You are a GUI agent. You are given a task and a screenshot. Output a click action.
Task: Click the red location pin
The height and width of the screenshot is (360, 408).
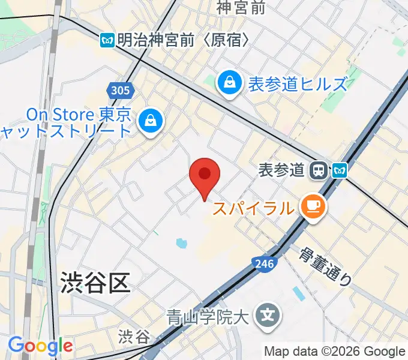point(205,176)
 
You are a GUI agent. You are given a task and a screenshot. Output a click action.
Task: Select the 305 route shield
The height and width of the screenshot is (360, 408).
point(120,91)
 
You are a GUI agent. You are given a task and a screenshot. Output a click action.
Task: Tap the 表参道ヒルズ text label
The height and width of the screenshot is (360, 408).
point(298,84)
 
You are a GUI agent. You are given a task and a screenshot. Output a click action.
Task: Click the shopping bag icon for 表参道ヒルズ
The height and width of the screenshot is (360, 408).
point(229,83)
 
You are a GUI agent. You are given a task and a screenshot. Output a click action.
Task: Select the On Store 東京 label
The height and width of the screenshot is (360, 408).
point(78,114)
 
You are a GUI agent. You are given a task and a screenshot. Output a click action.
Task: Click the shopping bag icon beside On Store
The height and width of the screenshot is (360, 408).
point(148,121)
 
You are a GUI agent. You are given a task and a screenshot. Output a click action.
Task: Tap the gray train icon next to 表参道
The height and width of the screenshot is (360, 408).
point(318,171)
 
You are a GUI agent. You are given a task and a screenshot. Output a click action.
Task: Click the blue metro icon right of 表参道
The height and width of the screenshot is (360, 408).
point(340,171)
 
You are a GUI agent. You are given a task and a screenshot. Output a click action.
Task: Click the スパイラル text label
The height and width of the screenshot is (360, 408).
point(254,209)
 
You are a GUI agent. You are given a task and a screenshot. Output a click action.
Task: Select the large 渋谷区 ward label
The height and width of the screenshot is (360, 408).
point(95,283)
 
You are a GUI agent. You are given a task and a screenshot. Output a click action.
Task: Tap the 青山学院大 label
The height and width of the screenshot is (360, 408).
point(207,315)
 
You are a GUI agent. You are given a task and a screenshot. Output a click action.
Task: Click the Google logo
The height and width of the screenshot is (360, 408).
point(40,346)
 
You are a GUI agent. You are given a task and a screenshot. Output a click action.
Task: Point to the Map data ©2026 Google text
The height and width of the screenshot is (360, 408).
point(335,352)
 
